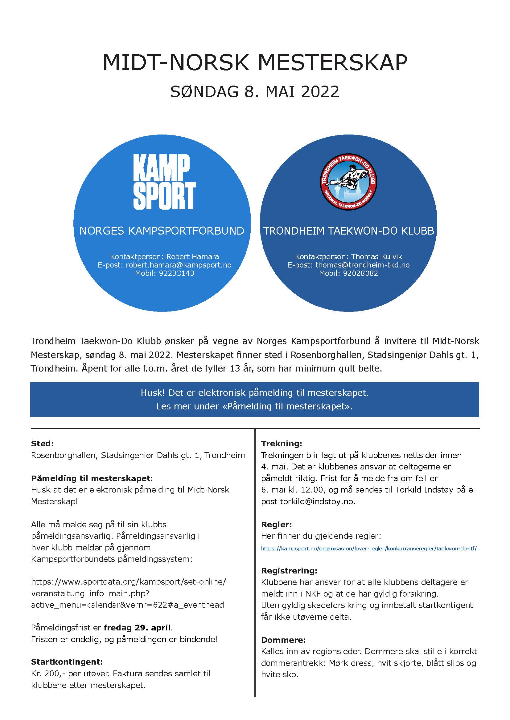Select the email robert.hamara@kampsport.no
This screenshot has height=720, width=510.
coord(178,265)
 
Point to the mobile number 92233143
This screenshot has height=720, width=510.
coord(176,273)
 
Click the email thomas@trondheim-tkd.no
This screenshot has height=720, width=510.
coord(362,265)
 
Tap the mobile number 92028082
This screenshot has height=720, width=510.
coord(360,273)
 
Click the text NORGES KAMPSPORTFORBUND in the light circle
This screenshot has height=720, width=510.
coord(162,231)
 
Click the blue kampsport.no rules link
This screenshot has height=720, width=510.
coord(369,549)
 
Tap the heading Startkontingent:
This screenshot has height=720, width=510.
coord(67,662)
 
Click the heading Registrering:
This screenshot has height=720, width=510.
coord(289,570)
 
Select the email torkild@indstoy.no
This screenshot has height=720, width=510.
coord(317,501)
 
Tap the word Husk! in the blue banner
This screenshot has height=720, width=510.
coord(153,393)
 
